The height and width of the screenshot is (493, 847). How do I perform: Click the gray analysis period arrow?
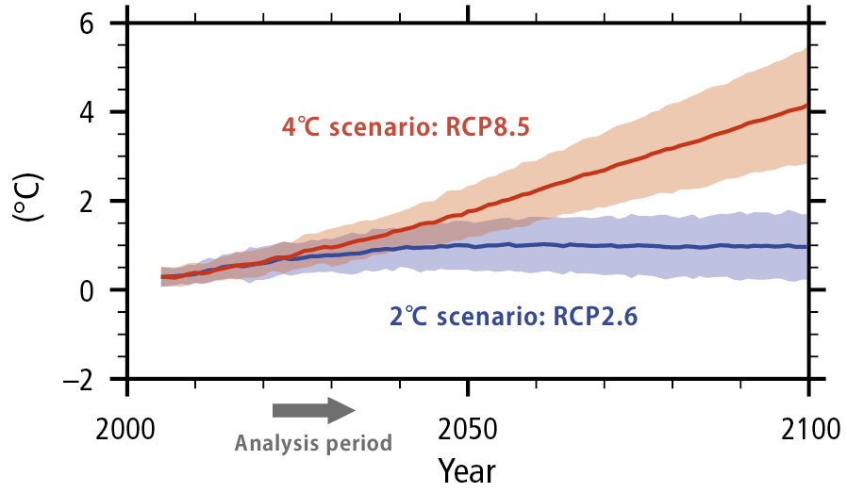point(312,410)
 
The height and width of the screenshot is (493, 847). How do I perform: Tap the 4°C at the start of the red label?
point(302,127)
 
